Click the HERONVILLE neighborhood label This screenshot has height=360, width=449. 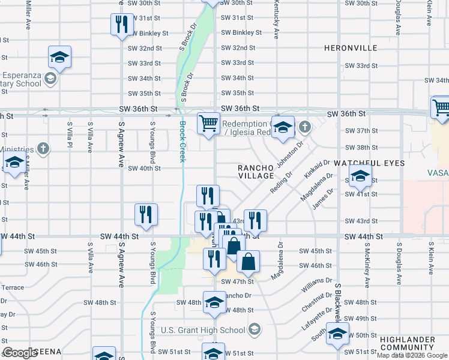[x=359, y=47]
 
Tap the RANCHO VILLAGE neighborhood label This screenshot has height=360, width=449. [x=256, y=172]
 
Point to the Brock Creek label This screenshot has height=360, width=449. [x=182, y=142]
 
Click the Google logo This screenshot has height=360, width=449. [x=20, y=353]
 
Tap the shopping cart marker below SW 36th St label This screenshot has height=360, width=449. [x=208, y=123]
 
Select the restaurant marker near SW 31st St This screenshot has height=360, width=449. [x=121, y=25]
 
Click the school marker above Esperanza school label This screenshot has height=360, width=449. [x=59, y=58]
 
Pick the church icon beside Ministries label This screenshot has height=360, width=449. [x=43, y=148]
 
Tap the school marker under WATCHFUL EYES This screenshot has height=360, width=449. [x=360, y=176]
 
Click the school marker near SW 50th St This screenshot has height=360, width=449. [x=337, y=334]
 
